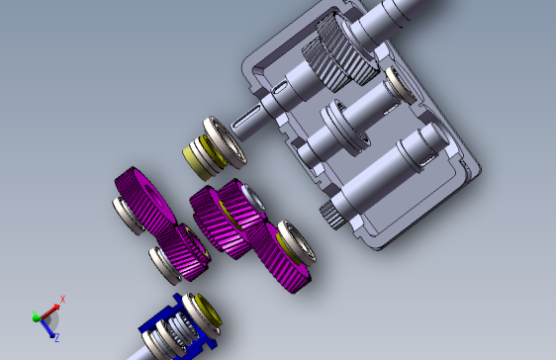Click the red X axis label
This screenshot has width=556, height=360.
[62, 299]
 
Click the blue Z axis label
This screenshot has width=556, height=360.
[56, 337]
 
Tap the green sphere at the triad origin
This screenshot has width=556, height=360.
[37, 317]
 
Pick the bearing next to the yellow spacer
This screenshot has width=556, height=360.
[225, 141]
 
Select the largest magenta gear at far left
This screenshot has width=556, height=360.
[144, 201]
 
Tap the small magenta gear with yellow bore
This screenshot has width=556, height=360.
[184, 251]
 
